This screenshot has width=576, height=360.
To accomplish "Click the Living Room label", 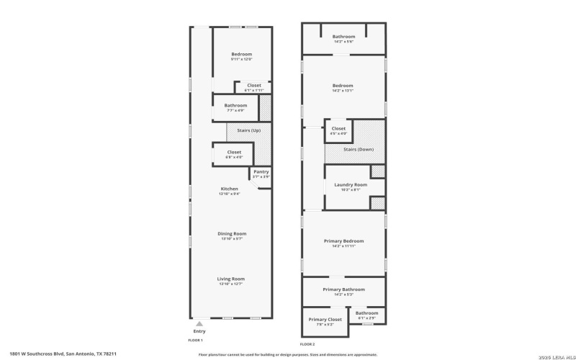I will [x=231, y=279].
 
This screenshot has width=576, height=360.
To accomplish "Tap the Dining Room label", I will [x=232, y=233].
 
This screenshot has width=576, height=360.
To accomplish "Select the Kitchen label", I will [x=229, y=189].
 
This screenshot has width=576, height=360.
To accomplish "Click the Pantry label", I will [x=261, y=172].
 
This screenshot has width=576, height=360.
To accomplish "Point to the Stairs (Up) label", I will [x=239, y=130].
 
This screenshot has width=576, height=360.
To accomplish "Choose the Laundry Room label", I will [x=351, y=185].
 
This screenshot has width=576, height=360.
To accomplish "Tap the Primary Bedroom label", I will [x=343, y=241].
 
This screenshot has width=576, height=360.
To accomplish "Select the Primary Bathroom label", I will [x=343, y=289].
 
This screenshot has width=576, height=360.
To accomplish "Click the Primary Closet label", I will [x=325, y=320].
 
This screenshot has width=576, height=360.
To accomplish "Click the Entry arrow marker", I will [x=199, y=324].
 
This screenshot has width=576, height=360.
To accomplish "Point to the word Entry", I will [x=199, y=331].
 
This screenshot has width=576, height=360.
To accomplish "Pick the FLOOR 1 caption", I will [x=196, y=340].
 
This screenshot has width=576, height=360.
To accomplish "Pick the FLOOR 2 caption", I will [x=307, y=344].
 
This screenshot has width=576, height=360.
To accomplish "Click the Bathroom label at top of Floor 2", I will [x=343, y=37].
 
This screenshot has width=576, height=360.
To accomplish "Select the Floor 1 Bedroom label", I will [x=241, y=55].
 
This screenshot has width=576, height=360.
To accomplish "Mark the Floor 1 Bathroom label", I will [x=235, y=106].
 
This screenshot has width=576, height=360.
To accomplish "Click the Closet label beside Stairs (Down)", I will [x=338, y=129].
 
